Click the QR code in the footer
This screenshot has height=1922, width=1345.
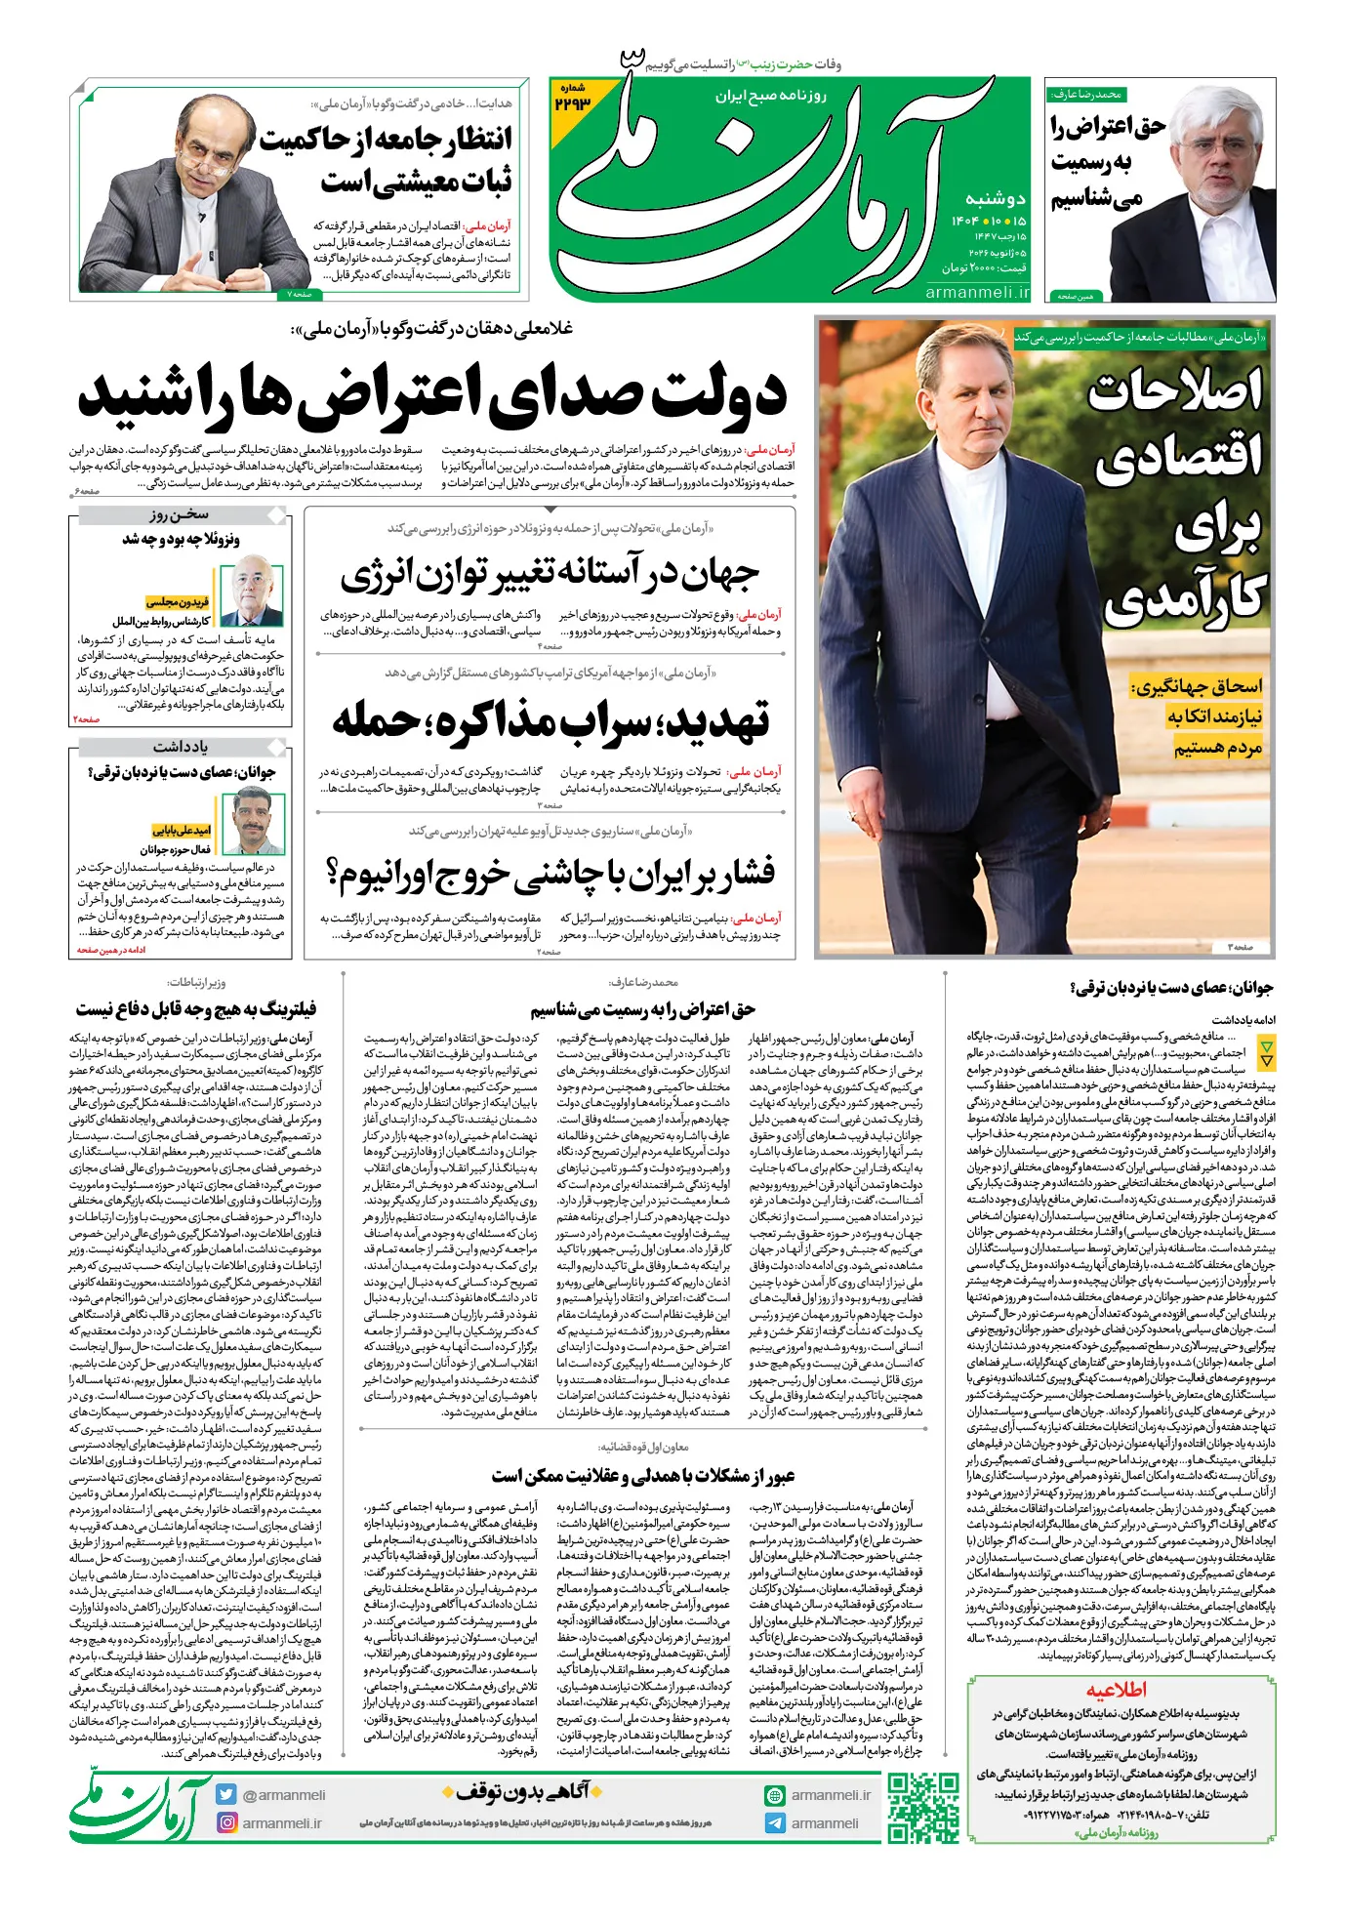(922, 1808)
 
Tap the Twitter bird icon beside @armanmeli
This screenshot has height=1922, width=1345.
(226, 1794)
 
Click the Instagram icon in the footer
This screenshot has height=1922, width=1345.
(226, 1822)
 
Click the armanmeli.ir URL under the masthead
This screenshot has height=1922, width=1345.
(977, 292)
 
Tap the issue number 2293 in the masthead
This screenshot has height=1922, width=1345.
(574, 102)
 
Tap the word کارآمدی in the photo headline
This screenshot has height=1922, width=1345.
(1185, 596)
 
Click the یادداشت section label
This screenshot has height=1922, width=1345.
(181, 747)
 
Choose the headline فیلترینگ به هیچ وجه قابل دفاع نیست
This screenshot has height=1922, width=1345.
(195, 1008)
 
